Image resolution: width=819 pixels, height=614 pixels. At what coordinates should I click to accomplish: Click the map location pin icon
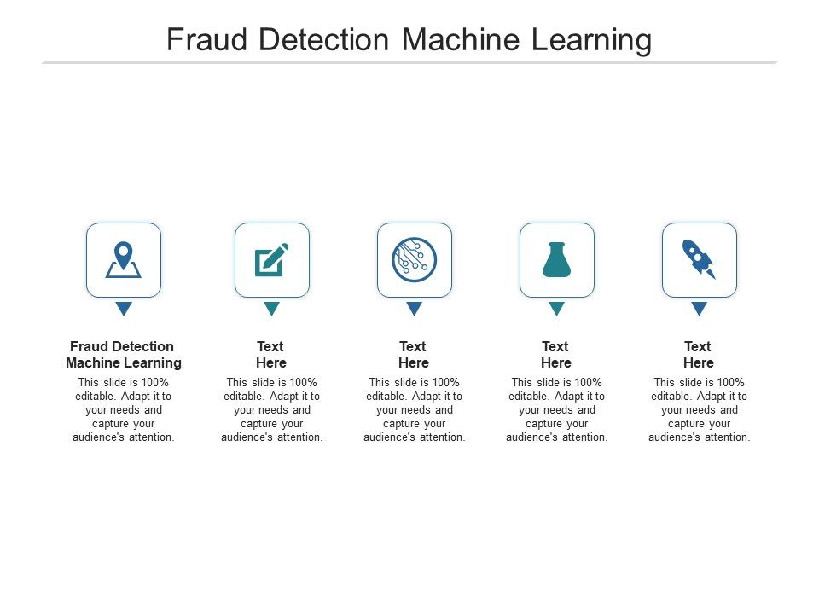(x=124, y=260)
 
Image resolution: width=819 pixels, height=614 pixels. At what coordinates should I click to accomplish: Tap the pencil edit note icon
(x=272, y=260)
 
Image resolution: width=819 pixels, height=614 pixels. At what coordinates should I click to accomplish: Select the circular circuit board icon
(x=415, y=260)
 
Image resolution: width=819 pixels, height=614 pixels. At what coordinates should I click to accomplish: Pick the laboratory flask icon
(x=556, y=260)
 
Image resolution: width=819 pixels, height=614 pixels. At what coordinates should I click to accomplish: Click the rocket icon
(x=699, y=260)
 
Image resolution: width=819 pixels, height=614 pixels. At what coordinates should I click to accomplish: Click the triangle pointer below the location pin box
(x=124, y=309)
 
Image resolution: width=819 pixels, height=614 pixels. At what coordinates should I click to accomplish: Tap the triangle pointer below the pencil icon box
(x=272, y=309)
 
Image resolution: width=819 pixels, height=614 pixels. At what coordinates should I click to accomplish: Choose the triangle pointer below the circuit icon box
(x=415, y=309)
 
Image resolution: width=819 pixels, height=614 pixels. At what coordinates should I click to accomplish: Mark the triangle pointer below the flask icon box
(x=557, y=309)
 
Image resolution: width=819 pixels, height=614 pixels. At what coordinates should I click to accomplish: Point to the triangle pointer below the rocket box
(x=700, y=309)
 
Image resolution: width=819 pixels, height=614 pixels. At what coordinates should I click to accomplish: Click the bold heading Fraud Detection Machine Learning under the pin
(x=124, y=355)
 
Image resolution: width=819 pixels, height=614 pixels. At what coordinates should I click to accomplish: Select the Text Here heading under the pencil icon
(x=271, y=355)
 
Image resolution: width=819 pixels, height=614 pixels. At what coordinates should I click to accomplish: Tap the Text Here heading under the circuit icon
(x=414, y=355)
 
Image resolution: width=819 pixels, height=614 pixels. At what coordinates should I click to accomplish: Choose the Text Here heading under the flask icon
(x=556, y=355)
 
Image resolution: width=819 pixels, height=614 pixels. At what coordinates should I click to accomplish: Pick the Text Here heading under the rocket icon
(x=699, y=355)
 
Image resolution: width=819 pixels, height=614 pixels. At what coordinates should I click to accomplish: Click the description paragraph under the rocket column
(x=700, y=410)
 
